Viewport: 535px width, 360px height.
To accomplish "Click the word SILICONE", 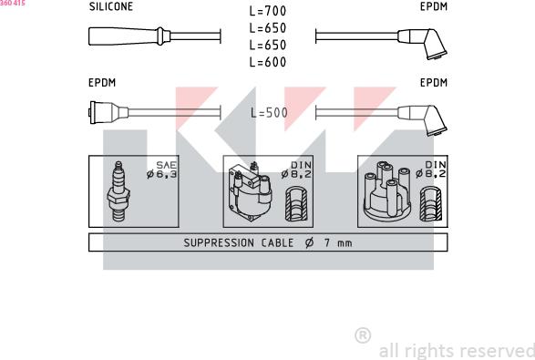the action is (111, 6).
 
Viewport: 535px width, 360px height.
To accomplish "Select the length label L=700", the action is (268, 11).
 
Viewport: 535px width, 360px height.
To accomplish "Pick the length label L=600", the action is (268, 62).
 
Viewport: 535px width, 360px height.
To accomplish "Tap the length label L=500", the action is (269, 113).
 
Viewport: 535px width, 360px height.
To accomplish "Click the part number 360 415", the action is (13, 3).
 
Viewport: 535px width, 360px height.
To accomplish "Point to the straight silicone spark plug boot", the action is (129, 36).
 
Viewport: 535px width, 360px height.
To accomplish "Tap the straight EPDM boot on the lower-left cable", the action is (108, 112).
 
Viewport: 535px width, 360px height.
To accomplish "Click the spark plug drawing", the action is (118, 191).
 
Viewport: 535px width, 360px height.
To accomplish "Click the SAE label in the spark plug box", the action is (166, 165).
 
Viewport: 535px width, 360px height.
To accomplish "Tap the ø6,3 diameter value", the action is (161, 174).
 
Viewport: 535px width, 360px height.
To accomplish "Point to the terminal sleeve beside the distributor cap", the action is (431, 204).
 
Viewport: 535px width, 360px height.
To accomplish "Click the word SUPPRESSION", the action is (219, 243).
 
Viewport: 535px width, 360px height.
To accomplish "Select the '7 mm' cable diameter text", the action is (338, 243).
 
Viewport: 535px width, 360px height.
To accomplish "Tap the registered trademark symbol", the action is (363, 335).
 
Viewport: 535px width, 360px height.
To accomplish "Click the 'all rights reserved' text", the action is (457, 351).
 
